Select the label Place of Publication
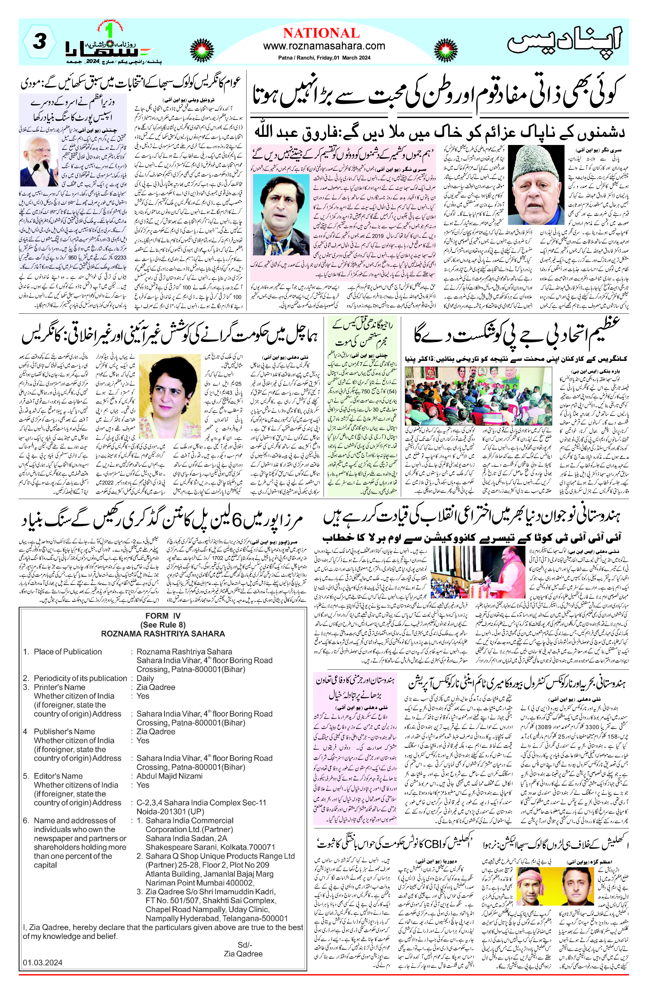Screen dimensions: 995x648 (x=68, y=651)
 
